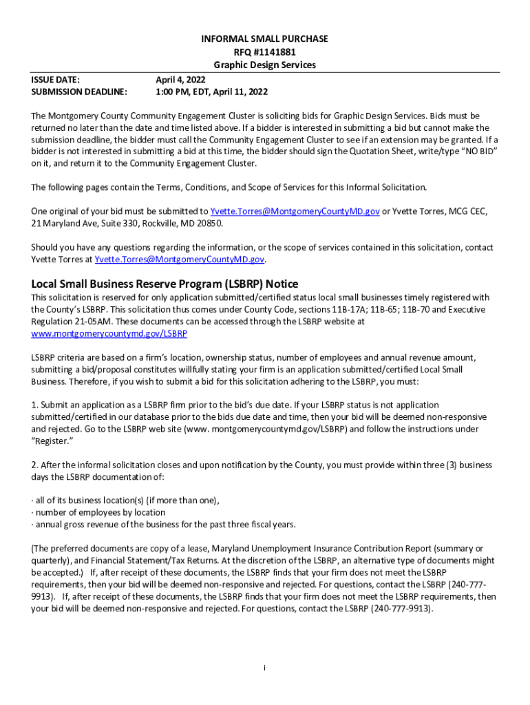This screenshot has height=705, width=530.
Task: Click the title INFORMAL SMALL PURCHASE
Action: click(x=265, y=39)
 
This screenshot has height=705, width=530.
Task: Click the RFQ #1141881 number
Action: click(x=265, y=52)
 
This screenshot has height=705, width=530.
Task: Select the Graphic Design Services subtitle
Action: click(x=265, y=65)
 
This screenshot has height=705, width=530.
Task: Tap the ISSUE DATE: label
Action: click(x=56, y=79)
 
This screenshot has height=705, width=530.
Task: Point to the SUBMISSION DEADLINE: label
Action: click(x=80, y=92)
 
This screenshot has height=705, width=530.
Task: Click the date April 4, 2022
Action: click(x=180, y=79)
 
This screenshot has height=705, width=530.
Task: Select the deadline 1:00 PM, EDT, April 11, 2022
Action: click(x=211, y=92)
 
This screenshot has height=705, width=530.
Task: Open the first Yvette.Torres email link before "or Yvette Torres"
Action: click(x=295, y=211)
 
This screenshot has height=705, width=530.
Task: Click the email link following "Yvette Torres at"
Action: click(x=180, y=260)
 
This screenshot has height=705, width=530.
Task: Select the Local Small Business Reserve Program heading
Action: click(x=165, y=284)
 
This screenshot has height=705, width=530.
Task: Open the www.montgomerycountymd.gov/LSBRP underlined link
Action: click(x=109, y=333)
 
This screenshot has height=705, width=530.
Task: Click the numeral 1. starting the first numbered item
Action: click(x=35, y=405)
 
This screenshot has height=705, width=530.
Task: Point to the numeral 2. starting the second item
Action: click(x=35, y=465)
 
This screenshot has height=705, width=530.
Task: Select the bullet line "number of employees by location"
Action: click(x=100, y=512)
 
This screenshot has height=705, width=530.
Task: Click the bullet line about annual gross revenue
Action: click(x=165, y=524)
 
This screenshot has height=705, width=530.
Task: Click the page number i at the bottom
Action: click(x=265, y=669)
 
